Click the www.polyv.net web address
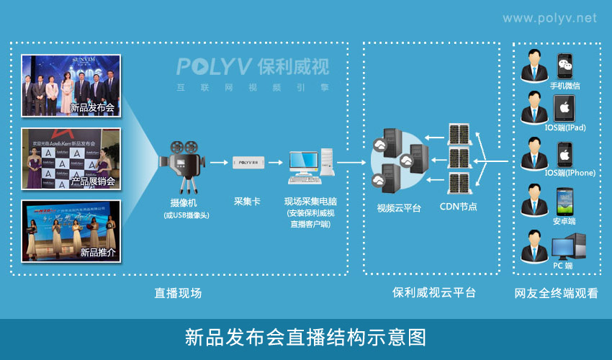(549, 18)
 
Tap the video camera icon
(181, 164)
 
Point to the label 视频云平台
(399, 208)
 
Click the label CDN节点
(459, 208)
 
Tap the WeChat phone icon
(565, 66)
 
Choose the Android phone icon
(564, 199)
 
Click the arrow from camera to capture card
(217, 163)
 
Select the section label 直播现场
(178, 293)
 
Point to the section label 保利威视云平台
(433, 293)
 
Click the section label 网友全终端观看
(556, 293)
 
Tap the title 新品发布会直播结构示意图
(306, 337)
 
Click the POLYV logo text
(215, 67)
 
